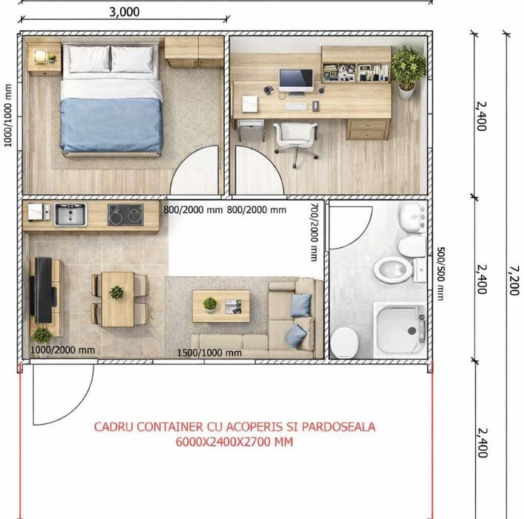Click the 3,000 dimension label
pyautogui.click(x=124, y=12)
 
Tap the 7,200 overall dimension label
pyautogui.click(x=514, y=280)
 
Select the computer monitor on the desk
pyautogui.click(x=296, y=81)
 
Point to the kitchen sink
pyautogui.click(x=71, y=215)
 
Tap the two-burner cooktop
pyautogui.click(x=125, y=215)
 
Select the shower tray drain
pyautogui.click(x=412, y=330)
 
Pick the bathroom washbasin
pyautogui.click(x=413, y=217)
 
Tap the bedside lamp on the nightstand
pyautogui.click(x=40, y=56)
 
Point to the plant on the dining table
pyautogui.click(x=117, y=293)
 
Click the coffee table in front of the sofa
pyautogui.click(x=221, y=306)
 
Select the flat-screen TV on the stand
pyautogui.click(x=43, y=290)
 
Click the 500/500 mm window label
pyautogui.click(x=441, y=273)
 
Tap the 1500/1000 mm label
pyautogui.click(x=209, y=353)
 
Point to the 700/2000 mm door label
pyautogui.click(x=315, y=232)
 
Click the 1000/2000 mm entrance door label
pyautogui.click(x=62, y=350)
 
